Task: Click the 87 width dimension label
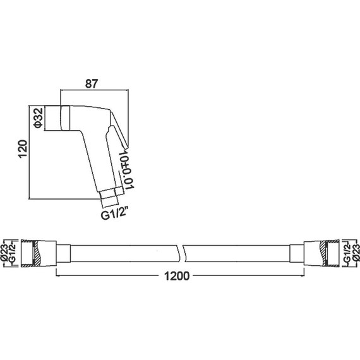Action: click(92, 84)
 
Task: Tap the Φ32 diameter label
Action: click(38, 118)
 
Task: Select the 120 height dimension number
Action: click(23, 148)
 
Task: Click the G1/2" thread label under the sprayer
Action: click(114, 215)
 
